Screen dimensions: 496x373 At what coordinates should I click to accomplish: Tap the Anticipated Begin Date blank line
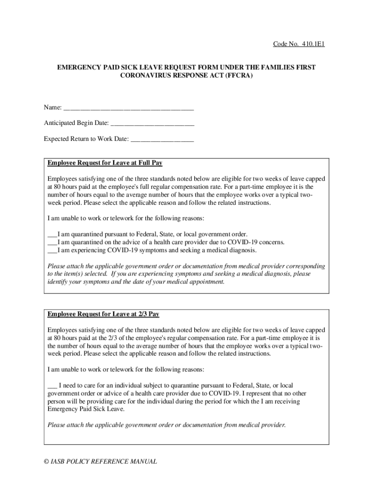[152, 124]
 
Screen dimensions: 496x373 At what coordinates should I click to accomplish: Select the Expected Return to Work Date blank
[162, 139]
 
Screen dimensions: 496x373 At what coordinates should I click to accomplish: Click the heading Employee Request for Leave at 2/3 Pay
[103, 314]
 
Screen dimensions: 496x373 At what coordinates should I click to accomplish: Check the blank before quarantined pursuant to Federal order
[52, 234]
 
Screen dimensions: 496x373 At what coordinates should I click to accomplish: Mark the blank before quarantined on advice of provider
[52, 242]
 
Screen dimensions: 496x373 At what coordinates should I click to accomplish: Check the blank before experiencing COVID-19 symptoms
[52, 250]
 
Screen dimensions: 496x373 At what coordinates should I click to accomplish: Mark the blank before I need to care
[52, 386]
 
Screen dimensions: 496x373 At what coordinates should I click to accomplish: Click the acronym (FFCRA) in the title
[236, 77]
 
